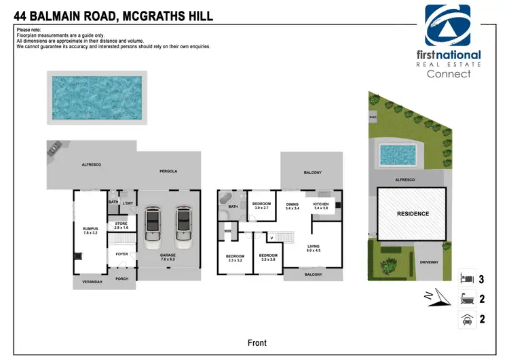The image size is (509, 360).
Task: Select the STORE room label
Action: tap(121, 224)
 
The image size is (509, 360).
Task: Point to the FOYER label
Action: tap(121, 254)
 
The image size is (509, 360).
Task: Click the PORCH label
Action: tap(121, 278)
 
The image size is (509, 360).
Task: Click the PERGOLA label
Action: tap(168, 171)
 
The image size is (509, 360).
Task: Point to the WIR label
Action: tap(228, 232)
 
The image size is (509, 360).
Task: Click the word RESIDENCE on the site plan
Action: tap(413, 214)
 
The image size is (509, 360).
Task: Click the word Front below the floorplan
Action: tap(257, 342)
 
